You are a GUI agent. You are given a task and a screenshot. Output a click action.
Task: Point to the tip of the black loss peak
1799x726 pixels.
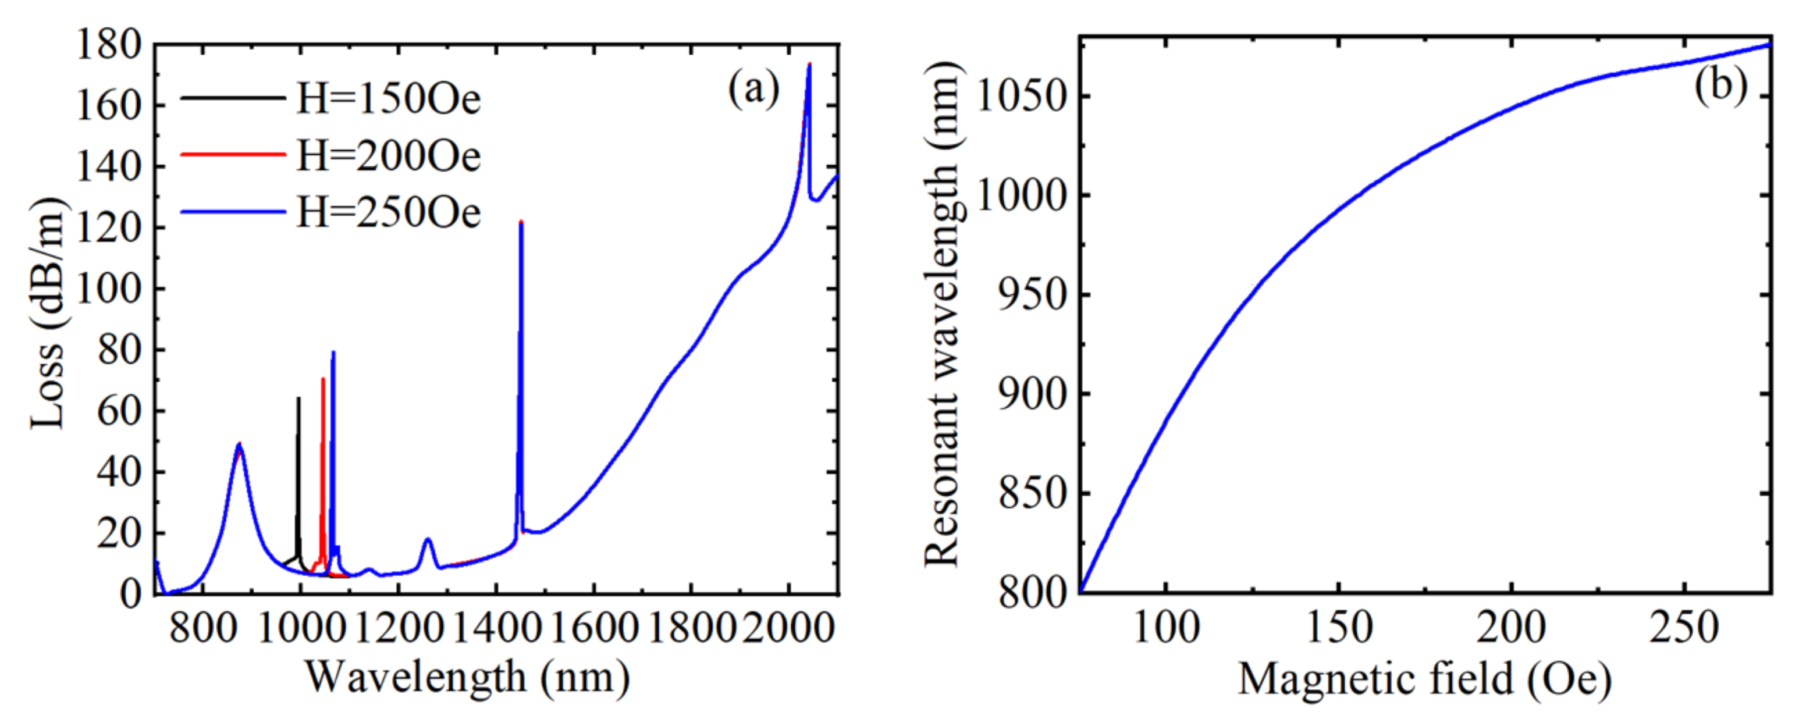[298, 398]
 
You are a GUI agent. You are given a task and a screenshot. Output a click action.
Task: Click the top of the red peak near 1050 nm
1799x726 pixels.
[323, 379]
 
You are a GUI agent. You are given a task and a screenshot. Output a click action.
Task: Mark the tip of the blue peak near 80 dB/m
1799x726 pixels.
[333, 352]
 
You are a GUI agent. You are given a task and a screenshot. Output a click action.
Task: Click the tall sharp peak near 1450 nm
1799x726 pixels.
[521, 223]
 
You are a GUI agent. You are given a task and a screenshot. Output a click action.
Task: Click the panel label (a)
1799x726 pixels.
[753, 90]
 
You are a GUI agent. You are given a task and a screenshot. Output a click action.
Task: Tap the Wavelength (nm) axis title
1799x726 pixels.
[467, 677]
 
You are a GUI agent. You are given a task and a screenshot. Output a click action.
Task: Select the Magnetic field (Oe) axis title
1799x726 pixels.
[1425, 678]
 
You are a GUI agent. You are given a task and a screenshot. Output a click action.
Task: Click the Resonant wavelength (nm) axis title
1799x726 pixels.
[943, 314]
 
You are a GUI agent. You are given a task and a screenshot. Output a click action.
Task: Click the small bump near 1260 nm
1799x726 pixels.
[428, 540]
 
